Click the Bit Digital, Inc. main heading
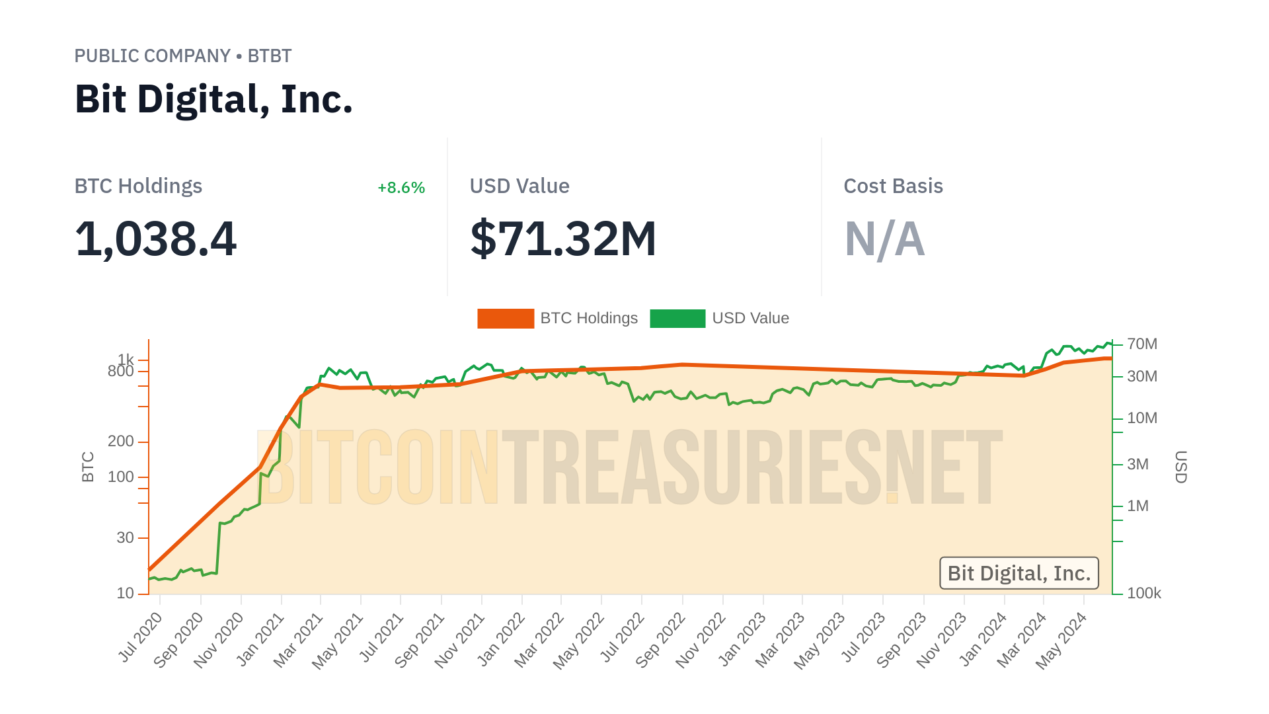click(x=213, y=100)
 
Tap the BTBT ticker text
click(x=269, y=56)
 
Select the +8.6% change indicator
click(x=401, y=188)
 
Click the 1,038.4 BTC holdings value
click(x=155, y=239)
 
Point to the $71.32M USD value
click(x=563, y=239)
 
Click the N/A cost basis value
click(x=884, y=239)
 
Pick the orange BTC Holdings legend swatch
click(x=506, y=319)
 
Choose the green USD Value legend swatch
click(x=677, y=319)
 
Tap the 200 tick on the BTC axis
click(x=121, y=441)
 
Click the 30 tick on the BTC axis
click(x=126, y=537)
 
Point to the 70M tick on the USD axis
click(x=1142, y=344)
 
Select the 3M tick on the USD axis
click(x=1137, y=464)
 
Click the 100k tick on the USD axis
click(x=1143, y=593)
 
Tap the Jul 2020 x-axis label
click(x=140, y=637)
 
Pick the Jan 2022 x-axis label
click(x=501, y=638)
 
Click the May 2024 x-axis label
click(x=1061, y=640)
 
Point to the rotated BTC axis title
click(x=88, y=467)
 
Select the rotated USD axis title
click(x=1180, y=467)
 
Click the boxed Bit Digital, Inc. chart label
click(x=1019, y=573)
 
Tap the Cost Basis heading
click(x=893, y=186)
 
